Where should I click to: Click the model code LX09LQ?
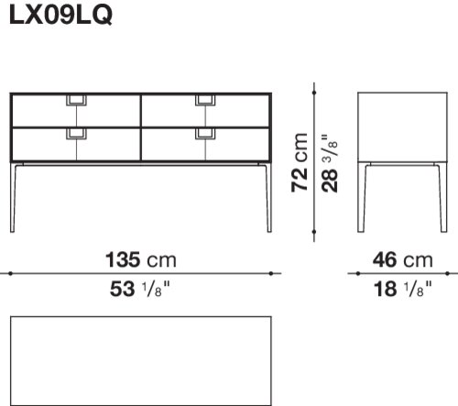coord(60,15)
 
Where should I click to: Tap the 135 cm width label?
coord(141,260)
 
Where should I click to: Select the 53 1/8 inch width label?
coord(139,289)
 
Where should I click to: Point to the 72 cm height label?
coord(300,162)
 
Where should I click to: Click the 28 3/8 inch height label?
coord(329,163)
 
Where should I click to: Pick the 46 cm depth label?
coord(402,260)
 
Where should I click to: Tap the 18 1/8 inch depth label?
coord(403,289)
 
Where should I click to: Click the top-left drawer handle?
coord(76,101)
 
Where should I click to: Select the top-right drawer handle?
coord(205,101)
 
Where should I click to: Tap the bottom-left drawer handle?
coord(76,134)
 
